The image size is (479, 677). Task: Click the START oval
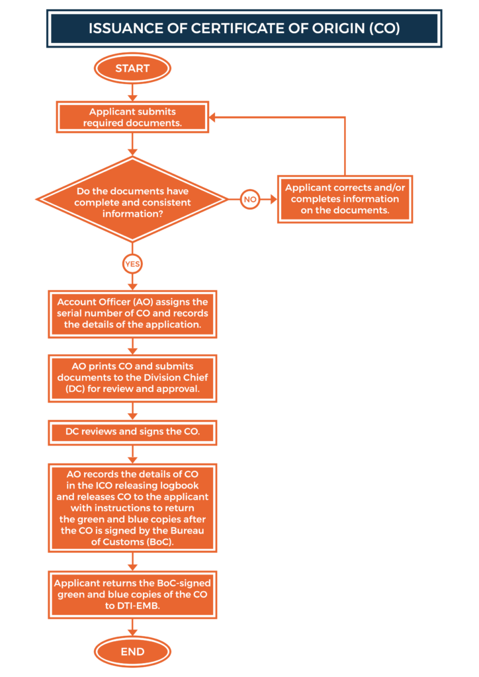(132, 68)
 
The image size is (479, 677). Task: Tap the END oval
(132, 651)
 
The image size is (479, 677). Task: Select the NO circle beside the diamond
(249, 200)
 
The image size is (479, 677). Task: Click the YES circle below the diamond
(132, 264)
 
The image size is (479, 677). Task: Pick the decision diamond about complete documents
(132, 200)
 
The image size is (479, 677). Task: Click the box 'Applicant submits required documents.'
(132, 117)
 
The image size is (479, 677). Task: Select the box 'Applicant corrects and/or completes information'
(345, 199)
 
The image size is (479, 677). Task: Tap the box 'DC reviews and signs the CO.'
(132, 432)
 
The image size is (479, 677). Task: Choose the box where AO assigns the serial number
(132, 314)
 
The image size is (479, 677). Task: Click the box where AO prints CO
(132, 378)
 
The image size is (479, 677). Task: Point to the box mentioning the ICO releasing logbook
(132, 508)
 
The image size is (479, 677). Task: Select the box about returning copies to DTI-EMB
(132, 594)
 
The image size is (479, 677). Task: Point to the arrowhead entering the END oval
(132, 632)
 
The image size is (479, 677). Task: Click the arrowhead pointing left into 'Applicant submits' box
(213, 117)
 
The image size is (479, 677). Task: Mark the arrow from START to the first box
(132, 93)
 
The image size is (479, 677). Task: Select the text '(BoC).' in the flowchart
(160, 542)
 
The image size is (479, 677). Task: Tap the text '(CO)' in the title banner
(384, 28)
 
